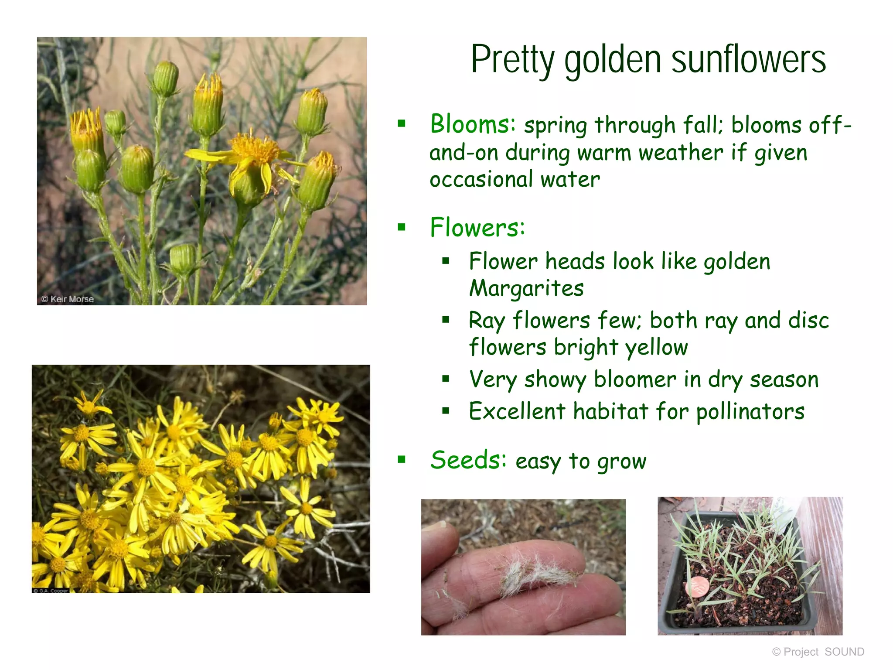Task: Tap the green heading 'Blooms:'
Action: [473, 124]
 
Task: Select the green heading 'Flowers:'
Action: [477, 227]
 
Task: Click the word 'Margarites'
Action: [526, 288]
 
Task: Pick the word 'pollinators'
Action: [750, 412]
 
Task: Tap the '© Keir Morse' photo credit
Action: [68, 299]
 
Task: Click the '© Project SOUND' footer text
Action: [818, 652]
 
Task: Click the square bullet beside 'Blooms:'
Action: [402, 124]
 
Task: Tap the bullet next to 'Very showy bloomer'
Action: [445, 379]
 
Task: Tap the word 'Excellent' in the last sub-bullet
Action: [517, 411]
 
